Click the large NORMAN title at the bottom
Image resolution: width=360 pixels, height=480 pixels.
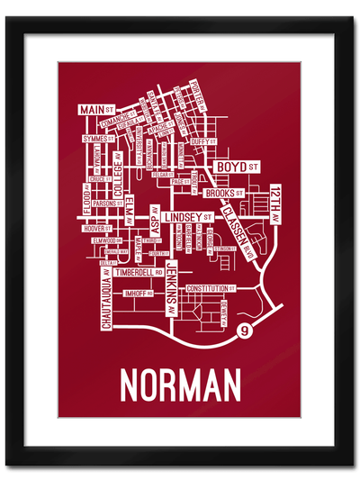click(x=180, y=385)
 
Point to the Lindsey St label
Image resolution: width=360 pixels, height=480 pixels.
click(x=187, y=217)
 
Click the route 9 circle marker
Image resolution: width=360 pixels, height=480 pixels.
click(x=245, y=333)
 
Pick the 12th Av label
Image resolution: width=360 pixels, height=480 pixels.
click(x=275, y=206)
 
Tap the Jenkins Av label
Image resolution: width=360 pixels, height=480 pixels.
click(x=171, y=288)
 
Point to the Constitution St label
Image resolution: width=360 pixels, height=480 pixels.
click(x=210, y=288)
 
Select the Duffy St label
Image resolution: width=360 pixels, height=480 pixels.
click(x=202, y=142)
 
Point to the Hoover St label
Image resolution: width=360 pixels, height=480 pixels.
click(x=94, y=228)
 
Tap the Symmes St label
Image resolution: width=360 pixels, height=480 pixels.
click(x=93, y=140)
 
